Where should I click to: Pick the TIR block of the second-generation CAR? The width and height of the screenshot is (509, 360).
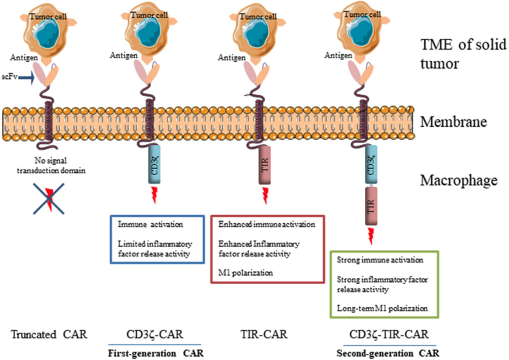(x=371, y=207)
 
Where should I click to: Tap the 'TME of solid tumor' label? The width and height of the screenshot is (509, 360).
(x=463, y=54)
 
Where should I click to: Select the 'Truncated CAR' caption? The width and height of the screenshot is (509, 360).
(x=49, y=335)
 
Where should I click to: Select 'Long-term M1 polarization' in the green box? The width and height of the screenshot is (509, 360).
(x=382, y=309)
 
